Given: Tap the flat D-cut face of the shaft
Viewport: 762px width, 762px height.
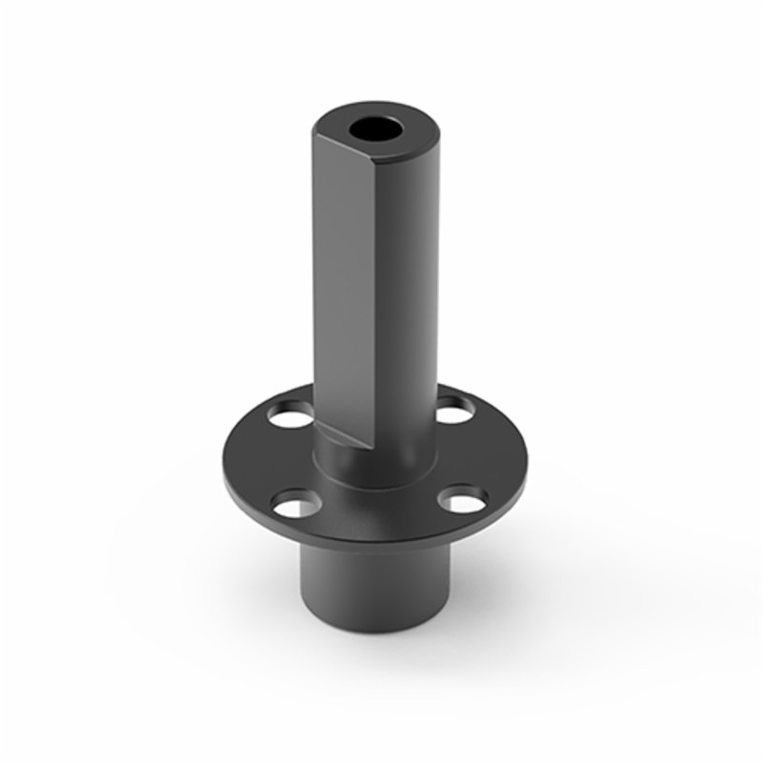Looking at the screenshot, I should tap(341, 286).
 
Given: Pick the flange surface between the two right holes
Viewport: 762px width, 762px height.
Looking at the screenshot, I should tap(491, 452).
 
